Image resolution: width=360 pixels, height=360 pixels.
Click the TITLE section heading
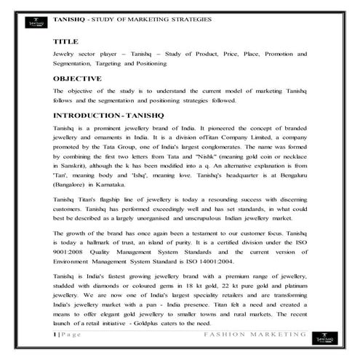tap(65, 42)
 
